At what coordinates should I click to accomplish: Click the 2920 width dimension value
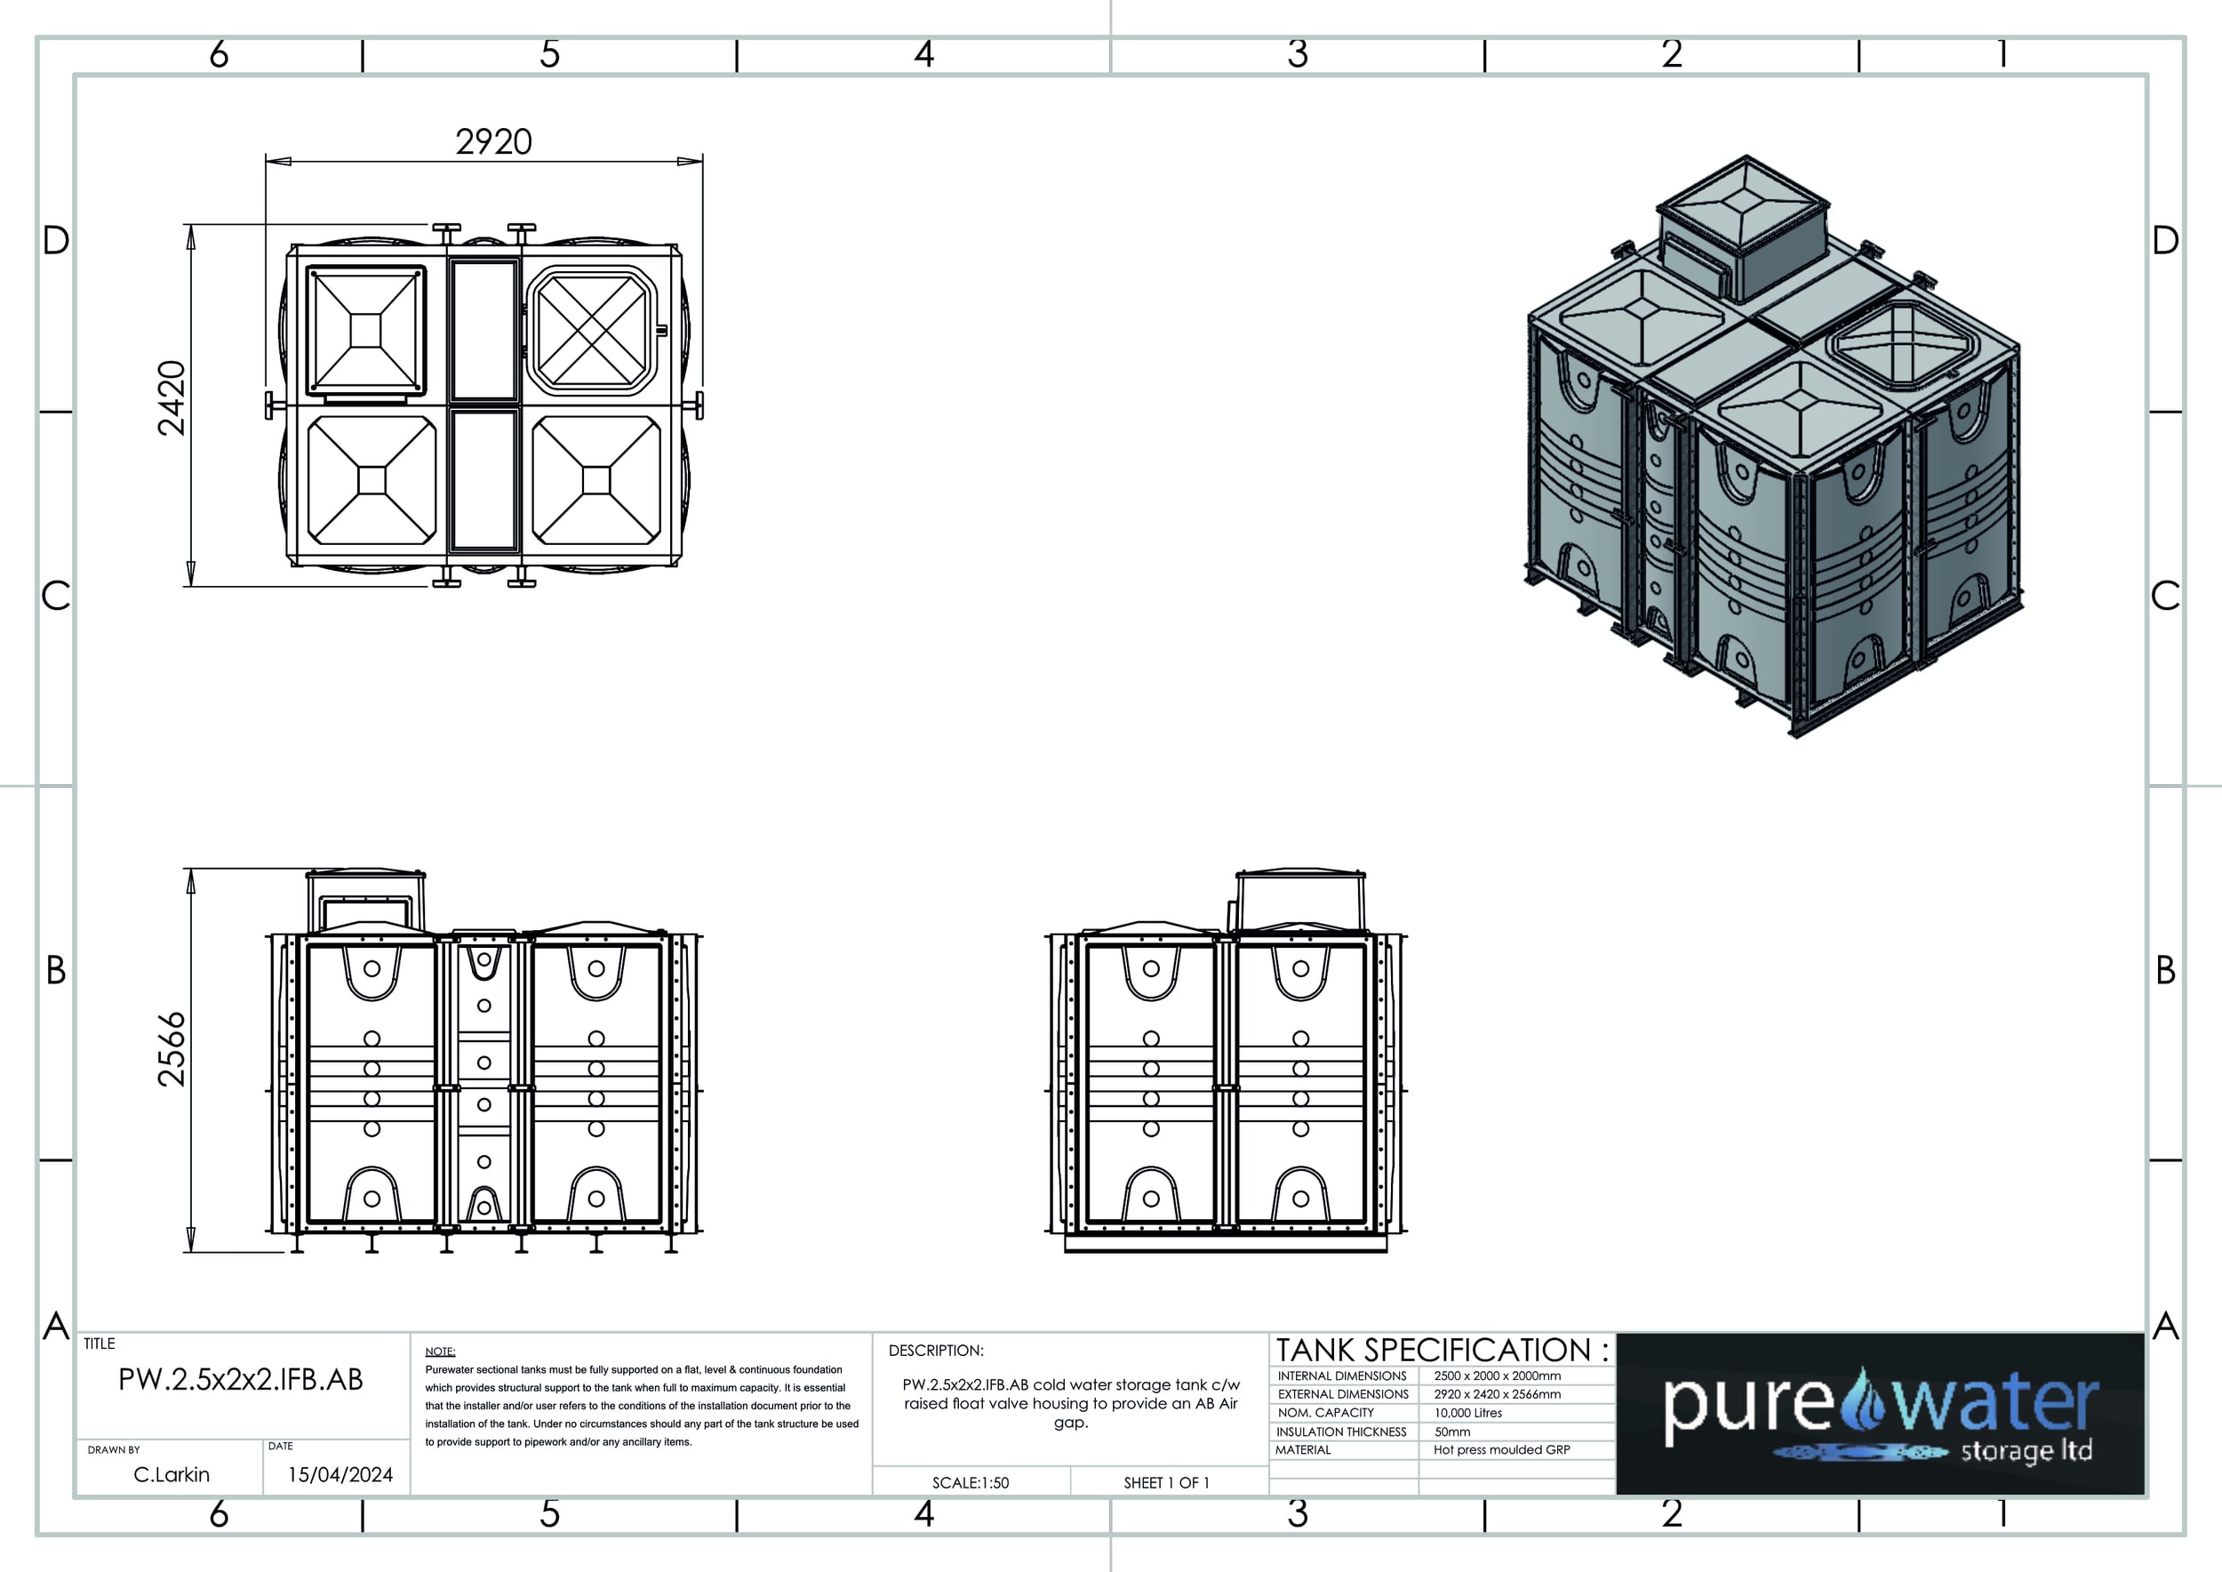click(x=493, y=142)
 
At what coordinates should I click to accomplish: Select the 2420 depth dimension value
click(x=172, y=397)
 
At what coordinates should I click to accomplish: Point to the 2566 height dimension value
click(x=172, y=1049)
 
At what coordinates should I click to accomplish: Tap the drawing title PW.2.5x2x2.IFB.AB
click(x=240, y=1379)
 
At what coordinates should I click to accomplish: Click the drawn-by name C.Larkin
click(x=172, y=1474)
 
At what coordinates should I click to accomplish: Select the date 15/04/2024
click(x=340, y=1474)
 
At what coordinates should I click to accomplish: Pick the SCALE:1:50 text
click(x=971, y=1483)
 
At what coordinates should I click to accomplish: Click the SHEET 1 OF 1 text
click(x=1166, y=1483)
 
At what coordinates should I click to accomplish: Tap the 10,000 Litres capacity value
click(x=1468, y=1413)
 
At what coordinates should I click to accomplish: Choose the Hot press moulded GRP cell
click(x=1502, y=1450)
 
